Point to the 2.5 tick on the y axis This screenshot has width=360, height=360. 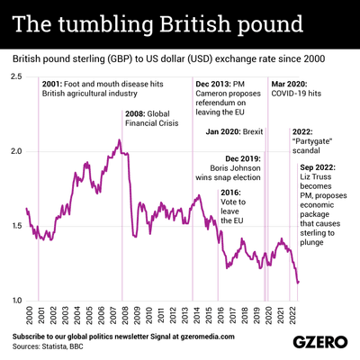tap(16, 77)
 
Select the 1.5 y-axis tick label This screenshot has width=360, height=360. tap(16, 226)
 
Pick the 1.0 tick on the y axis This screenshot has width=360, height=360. tap(16, 300)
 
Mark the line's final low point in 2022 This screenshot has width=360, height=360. tap(297, 283)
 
